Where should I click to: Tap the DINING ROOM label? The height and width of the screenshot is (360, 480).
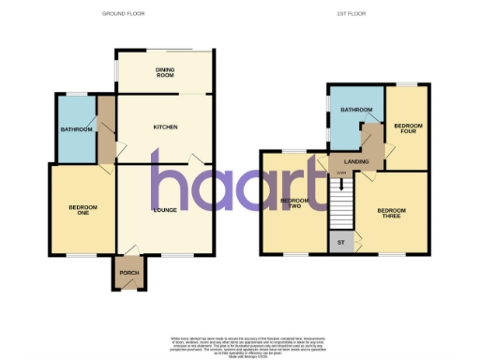(x=165, y=72)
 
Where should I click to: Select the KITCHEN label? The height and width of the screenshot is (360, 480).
(x=165, y=127)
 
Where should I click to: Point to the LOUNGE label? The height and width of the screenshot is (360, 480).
(x=165, y=209)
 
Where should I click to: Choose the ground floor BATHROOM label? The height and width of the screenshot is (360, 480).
(x=76, y=128)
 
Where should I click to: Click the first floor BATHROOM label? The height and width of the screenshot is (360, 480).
(x=356, y=111)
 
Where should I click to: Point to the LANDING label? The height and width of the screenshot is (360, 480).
(x=356, y=162)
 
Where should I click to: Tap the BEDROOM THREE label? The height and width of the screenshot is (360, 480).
(x=392, y=212)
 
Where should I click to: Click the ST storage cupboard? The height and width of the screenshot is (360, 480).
(x=339, y=242)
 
